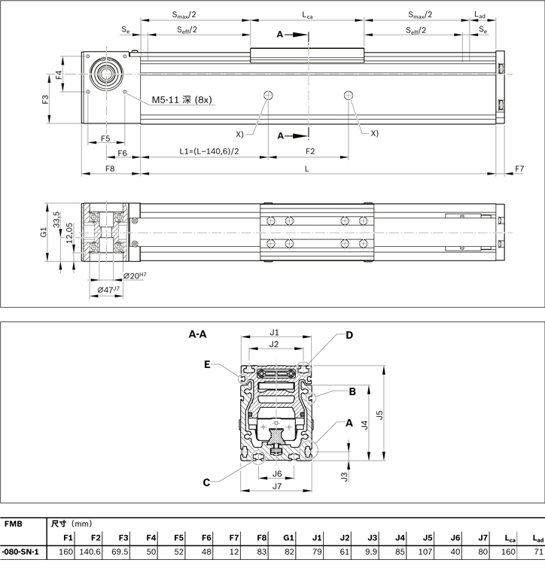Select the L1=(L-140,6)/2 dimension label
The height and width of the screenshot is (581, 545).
(209, 151)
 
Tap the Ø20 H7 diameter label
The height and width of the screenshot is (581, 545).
(135, 276)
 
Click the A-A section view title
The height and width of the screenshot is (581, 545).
(198, 332)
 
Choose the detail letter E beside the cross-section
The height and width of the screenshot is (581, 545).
(206, 364)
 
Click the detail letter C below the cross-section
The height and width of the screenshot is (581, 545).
(206, 482)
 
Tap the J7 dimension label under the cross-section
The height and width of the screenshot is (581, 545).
(276, 486)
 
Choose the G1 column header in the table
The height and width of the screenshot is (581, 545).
(288, 537)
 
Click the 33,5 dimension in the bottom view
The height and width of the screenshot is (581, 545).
(56, 218)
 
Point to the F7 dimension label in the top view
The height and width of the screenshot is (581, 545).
(519, 169)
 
